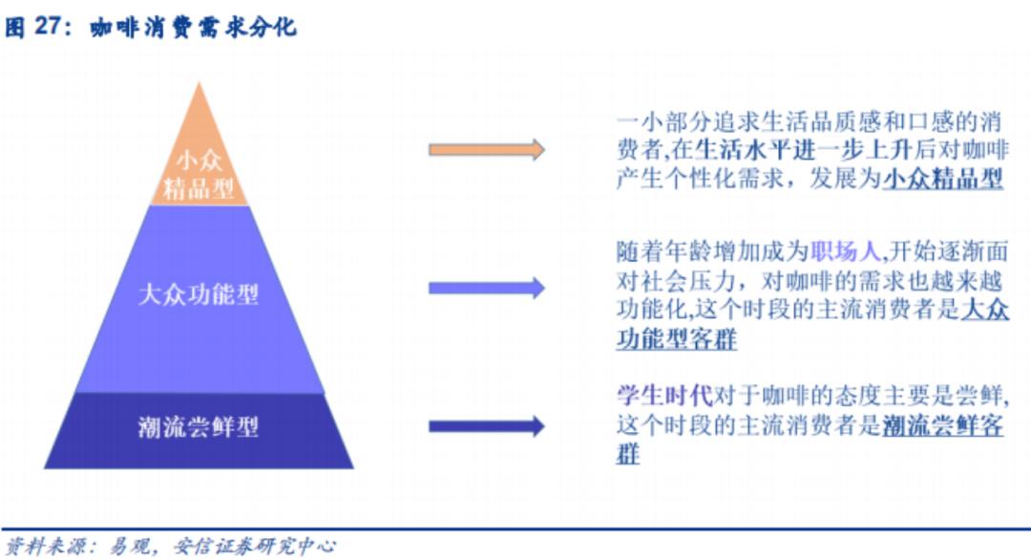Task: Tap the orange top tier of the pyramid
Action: point(199,153)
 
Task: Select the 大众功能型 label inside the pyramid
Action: point(199,293)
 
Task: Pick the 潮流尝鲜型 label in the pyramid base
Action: point(199,426)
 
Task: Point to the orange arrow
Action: point(487,149)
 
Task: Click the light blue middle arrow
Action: point(487,287)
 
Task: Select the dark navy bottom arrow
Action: point(487,426)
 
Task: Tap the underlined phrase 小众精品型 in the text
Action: point(942,178)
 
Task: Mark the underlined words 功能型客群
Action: point(676,339)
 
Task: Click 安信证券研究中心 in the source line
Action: point(254,546)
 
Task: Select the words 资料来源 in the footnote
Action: point(44,546)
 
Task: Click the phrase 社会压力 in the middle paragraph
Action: point(698,281)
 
